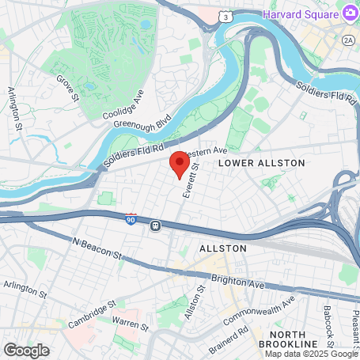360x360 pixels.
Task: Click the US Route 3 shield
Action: [x=227, y=15]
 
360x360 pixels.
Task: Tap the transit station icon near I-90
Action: [x=156, y=225]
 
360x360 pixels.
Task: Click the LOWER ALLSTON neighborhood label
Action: [x=250, y=162]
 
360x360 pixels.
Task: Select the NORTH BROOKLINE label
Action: [x=296, y=338]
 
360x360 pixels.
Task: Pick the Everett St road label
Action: [x=188, y=188]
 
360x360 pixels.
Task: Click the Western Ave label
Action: [x=205, y=151]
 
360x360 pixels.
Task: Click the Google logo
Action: [x=27, y=349]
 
